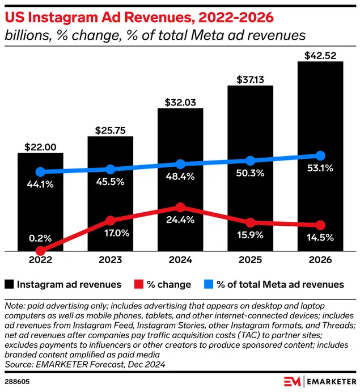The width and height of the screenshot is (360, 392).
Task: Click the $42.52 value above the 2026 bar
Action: (x=320, y=55)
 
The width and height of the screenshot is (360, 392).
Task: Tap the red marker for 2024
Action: (x=180, y=208)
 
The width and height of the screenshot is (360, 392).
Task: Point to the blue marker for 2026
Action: (x=320, y=155)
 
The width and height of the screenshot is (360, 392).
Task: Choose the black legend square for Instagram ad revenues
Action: (x=10, y=284)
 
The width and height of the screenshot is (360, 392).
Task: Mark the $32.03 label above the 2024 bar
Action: (x=180, y=103)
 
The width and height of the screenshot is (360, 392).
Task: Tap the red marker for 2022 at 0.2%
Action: (x=40, y=250)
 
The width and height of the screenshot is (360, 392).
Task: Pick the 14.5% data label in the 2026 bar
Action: (x=320, y=237)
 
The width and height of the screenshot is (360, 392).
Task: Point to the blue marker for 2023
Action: (x=110, y=169)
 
